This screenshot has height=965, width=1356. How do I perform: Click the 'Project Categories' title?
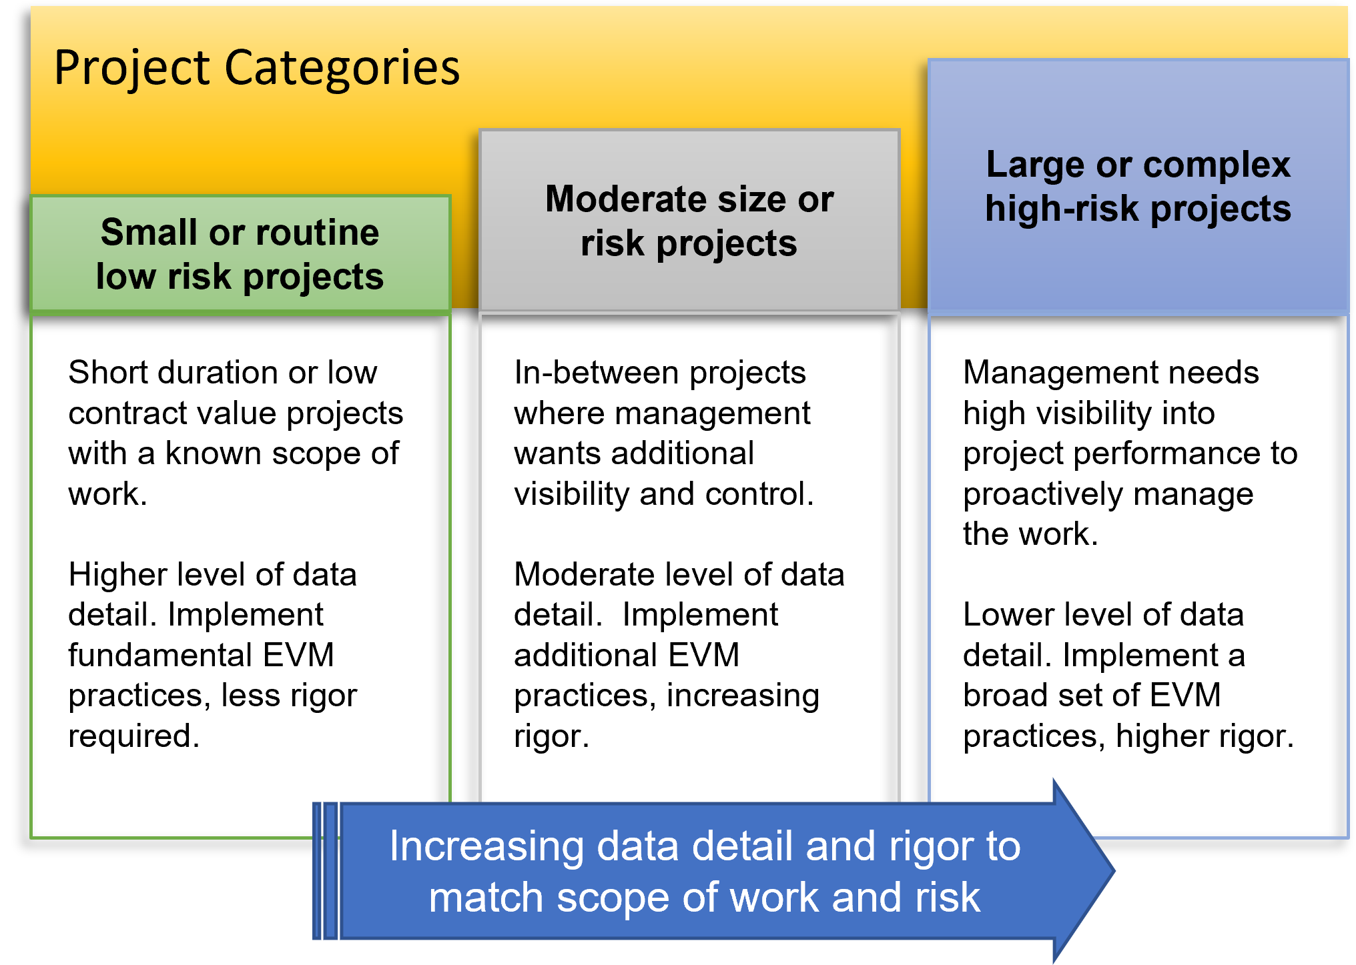point(257,68)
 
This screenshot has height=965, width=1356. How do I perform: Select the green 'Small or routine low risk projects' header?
point(240,254)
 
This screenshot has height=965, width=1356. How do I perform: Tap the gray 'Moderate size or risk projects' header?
point(689,220)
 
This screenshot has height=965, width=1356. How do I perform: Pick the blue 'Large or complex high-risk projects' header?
point(1138,186)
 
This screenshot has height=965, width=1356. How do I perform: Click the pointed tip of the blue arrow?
point(1114,870)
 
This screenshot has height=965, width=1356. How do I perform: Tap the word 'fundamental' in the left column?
point(159,654)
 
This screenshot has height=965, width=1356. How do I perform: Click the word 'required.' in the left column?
point(134,736)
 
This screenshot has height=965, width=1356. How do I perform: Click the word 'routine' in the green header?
point(318,232)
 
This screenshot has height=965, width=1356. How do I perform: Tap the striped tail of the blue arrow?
point(326,871)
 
